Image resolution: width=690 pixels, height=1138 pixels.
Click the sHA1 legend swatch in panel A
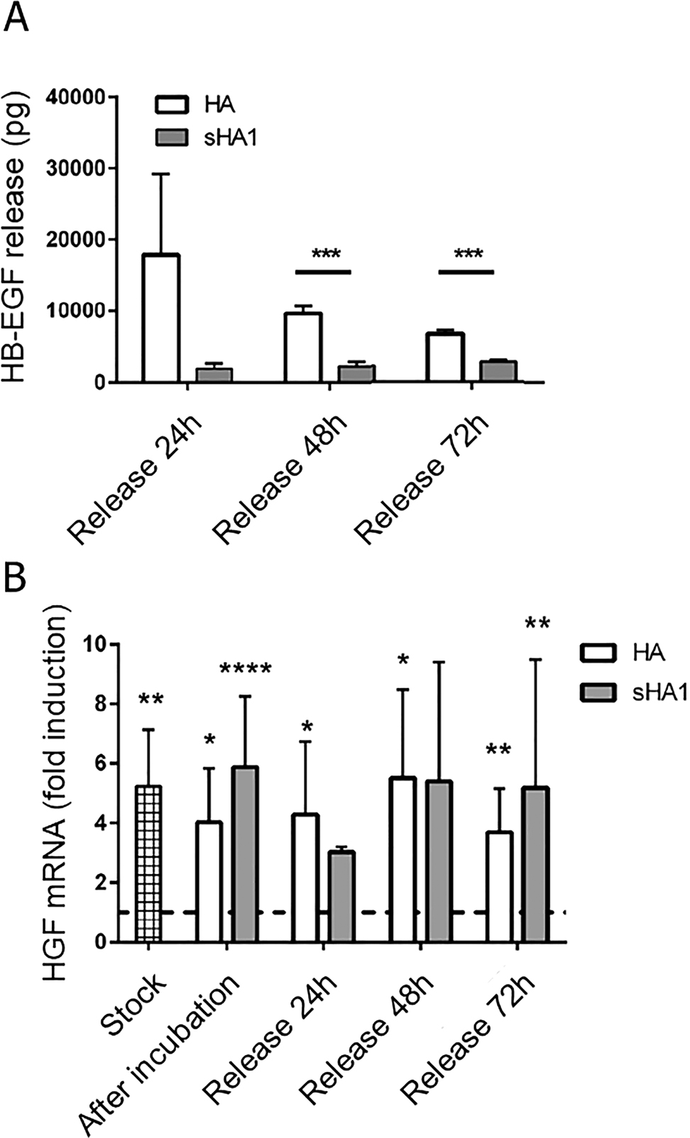[x=171, y=137]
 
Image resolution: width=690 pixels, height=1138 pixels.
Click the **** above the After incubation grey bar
[x=245, y=669]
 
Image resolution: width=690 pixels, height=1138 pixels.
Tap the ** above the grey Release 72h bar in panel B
[x=537, y=624]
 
